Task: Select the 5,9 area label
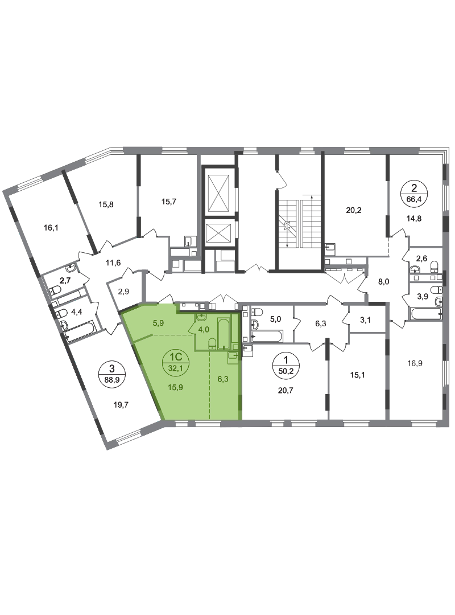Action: (158, 323)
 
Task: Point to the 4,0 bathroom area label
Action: (204, 329)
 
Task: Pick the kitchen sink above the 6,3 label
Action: (233, 356)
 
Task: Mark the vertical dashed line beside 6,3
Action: (210, 387)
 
